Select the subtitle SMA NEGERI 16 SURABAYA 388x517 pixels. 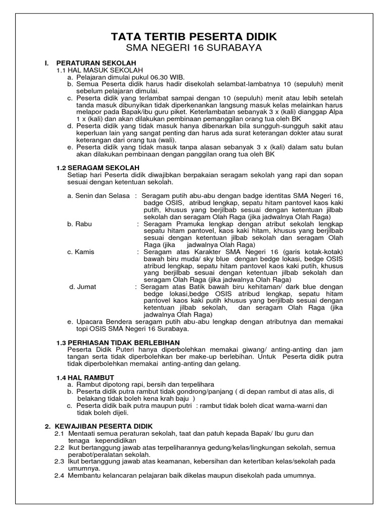coord(194,48)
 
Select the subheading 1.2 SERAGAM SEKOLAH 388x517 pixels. coord(98,167)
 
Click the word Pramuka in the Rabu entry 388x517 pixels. coord(188,223)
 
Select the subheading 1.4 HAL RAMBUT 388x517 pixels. coord(85,378)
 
